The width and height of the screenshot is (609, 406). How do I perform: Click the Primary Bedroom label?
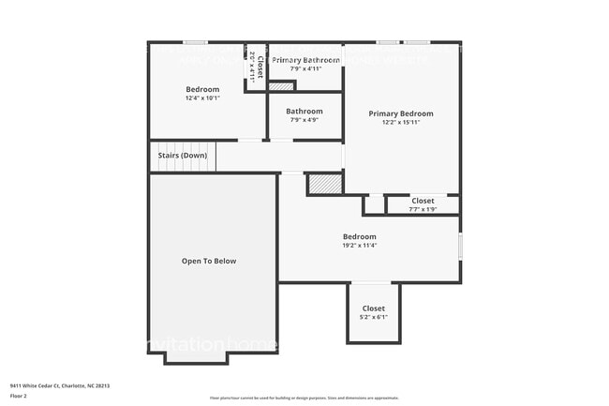tap(401, 113)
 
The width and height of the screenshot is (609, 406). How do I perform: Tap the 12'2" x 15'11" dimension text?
tap(401, 123)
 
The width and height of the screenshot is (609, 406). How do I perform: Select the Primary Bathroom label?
tap(305, 60)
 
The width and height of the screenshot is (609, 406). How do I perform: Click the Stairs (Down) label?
tap(182, 155)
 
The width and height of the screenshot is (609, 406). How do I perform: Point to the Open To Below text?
tap(209, 261)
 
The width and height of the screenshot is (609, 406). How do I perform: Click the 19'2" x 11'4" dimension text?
tap(359, 247)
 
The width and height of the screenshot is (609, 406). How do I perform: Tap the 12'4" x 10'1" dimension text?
tap(201, 98)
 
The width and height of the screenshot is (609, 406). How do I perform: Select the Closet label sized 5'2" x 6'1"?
tap(374, 308)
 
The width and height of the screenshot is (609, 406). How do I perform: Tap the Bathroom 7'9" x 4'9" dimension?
tap(304, 120)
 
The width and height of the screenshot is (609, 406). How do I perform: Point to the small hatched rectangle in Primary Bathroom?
tap(281, 86)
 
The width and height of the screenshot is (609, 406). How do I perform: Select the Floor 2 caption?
tap(20, 396)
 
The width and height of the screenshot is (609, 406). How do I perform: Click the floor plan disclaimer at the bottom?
tap(304, 398)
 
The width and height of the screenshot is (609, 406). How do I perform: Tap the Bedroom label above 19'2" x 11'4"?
tap(359, 237)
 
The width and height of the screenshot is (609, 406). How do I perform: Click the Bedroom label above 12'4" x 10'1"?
tap(201, 89)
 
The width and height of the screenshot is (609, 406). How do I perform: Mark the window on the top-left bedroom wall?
tap(194, 42)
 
